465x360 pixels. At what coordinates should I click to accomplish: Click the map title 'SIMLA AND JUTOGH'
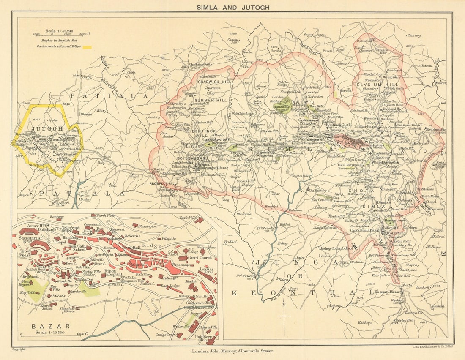[x=232, y=7]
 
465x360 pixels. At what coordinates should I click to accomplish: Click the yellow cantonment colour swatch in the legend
[x=87, y=47]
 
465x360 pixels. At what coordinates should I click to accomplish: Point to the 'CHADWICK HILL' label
[x=215, y=82]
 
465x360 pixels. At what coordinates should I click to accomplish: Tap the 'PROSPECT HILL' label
[x=163, y=183]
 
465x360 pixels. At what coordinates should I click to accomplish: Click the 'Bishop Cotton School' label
[x=336, y=248]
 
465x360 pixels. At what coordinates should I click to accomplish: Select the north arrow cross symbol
[x=284, y=316]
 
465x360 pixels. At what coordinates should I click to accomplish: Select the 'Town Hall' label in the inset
[x=131, y=248]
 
